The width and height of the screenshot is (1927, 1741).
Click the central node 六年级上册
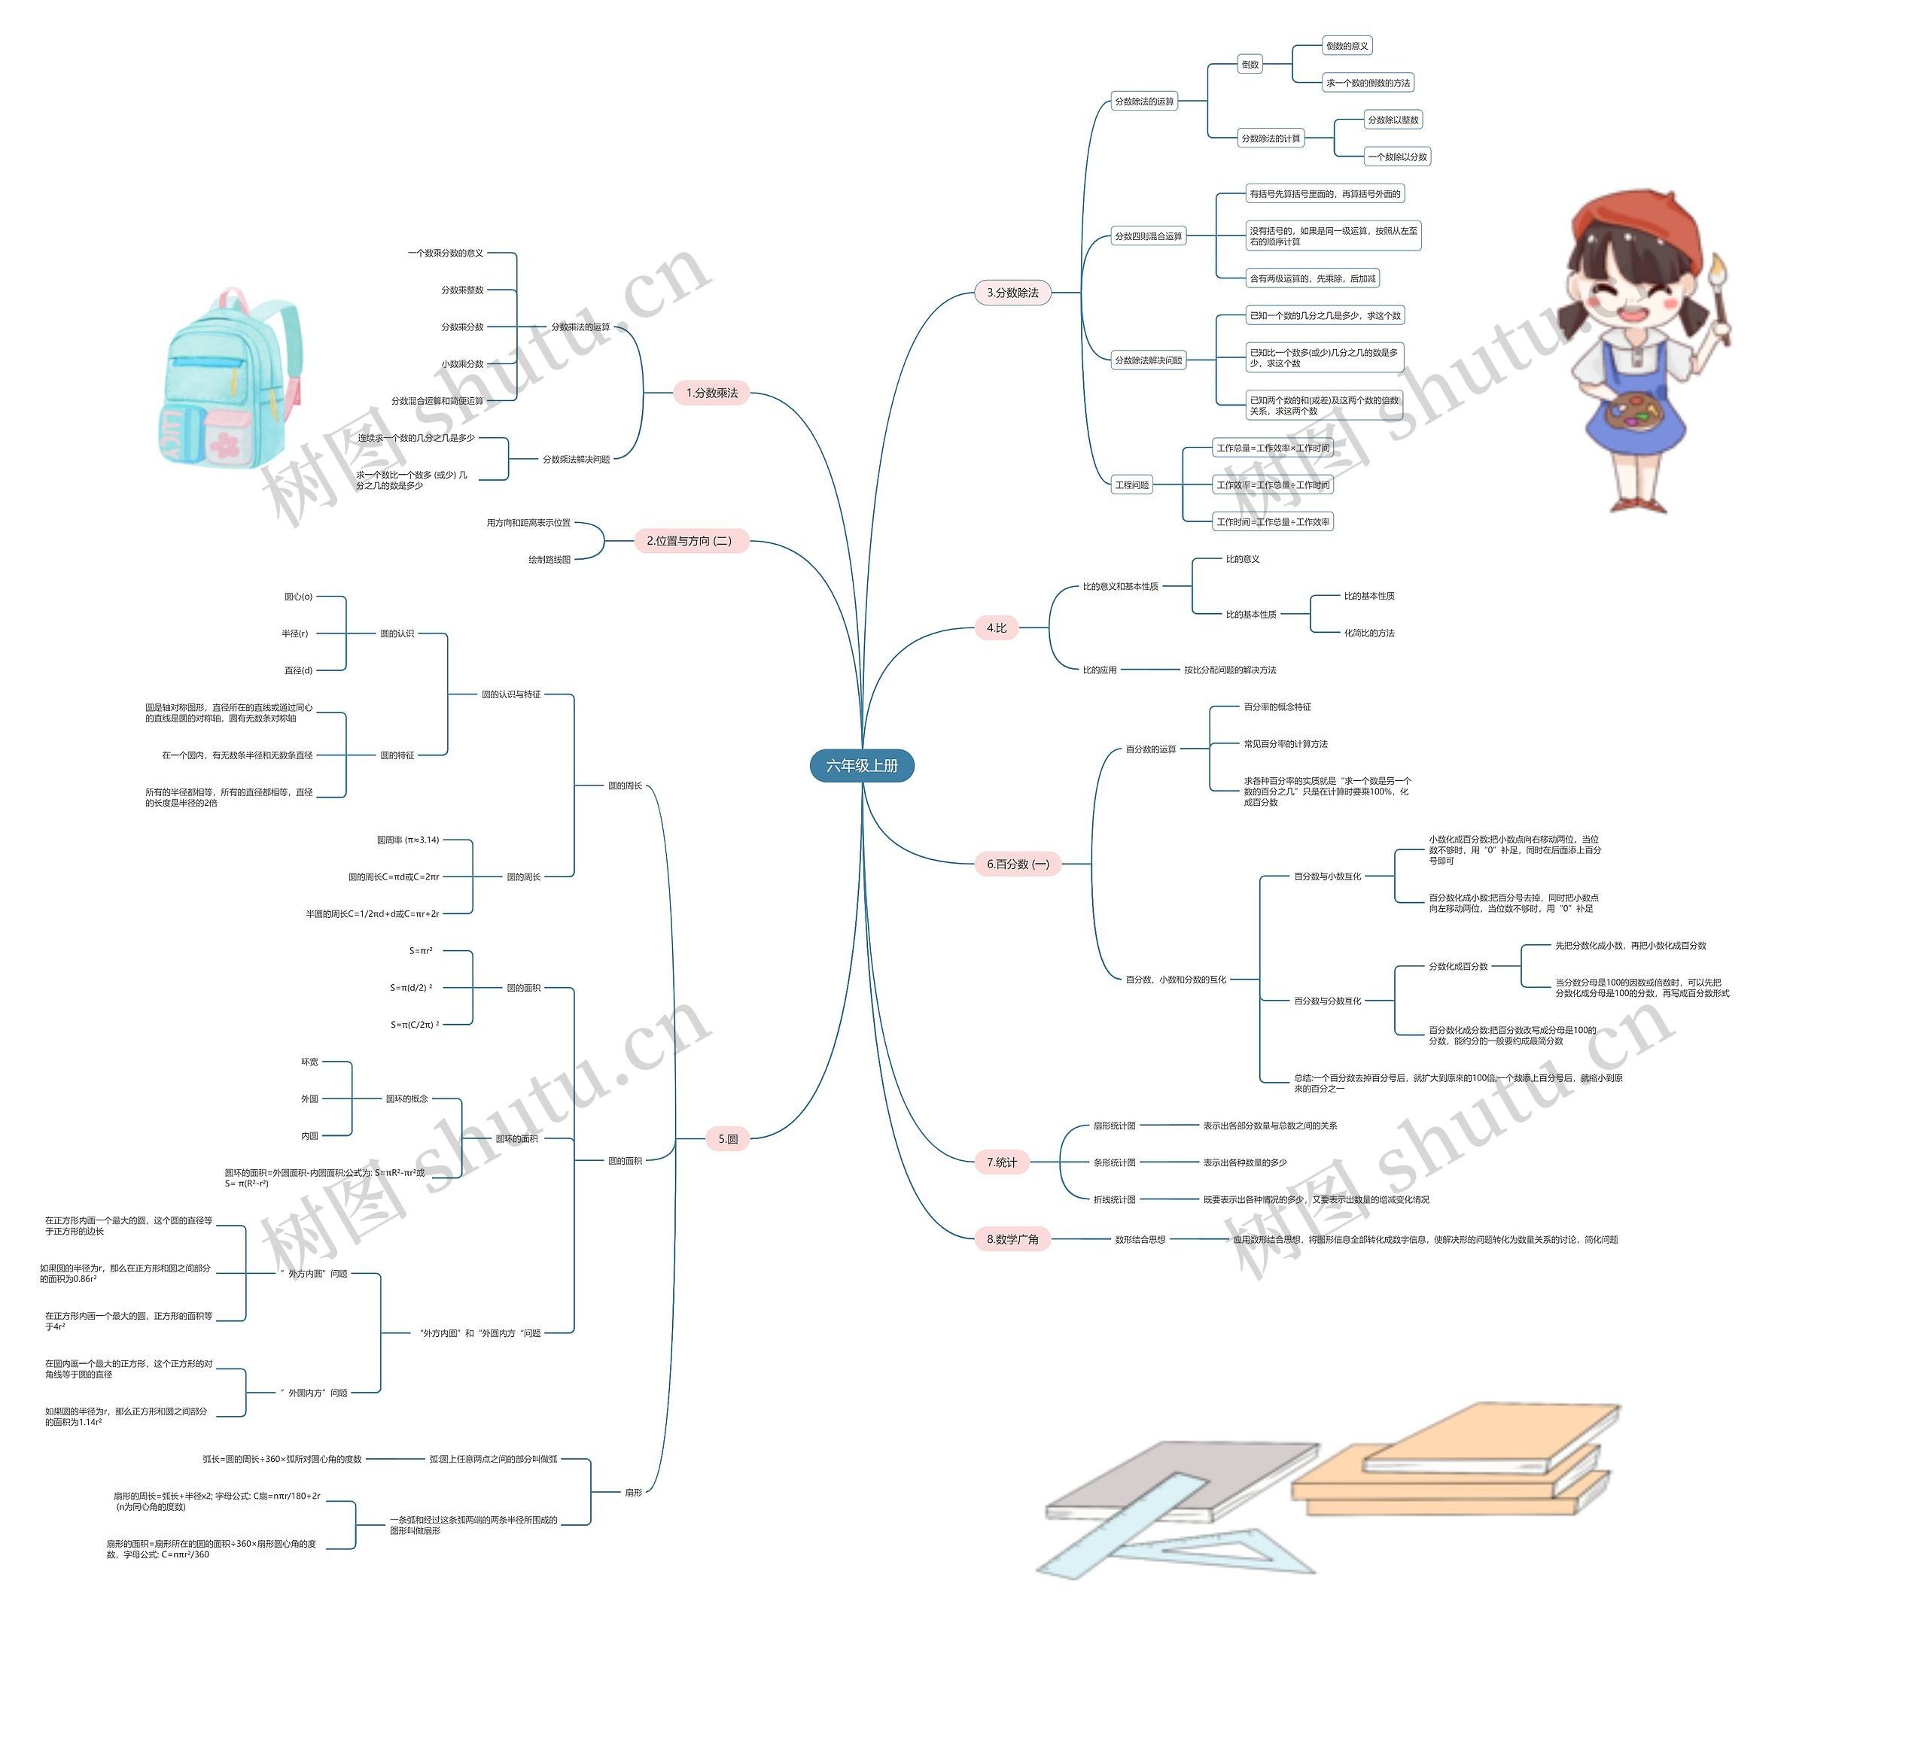pos(861,765)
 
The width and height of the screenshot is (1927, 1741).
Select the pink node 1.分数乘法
pos(711,393)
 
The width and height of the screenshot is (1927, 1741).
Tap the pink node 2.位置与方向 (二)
pos(690,541)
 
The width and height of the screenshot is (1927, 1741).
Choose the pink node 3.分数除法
pos(1012,293)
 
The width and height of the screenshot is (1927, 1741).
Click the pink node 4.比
pos(996,627)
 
